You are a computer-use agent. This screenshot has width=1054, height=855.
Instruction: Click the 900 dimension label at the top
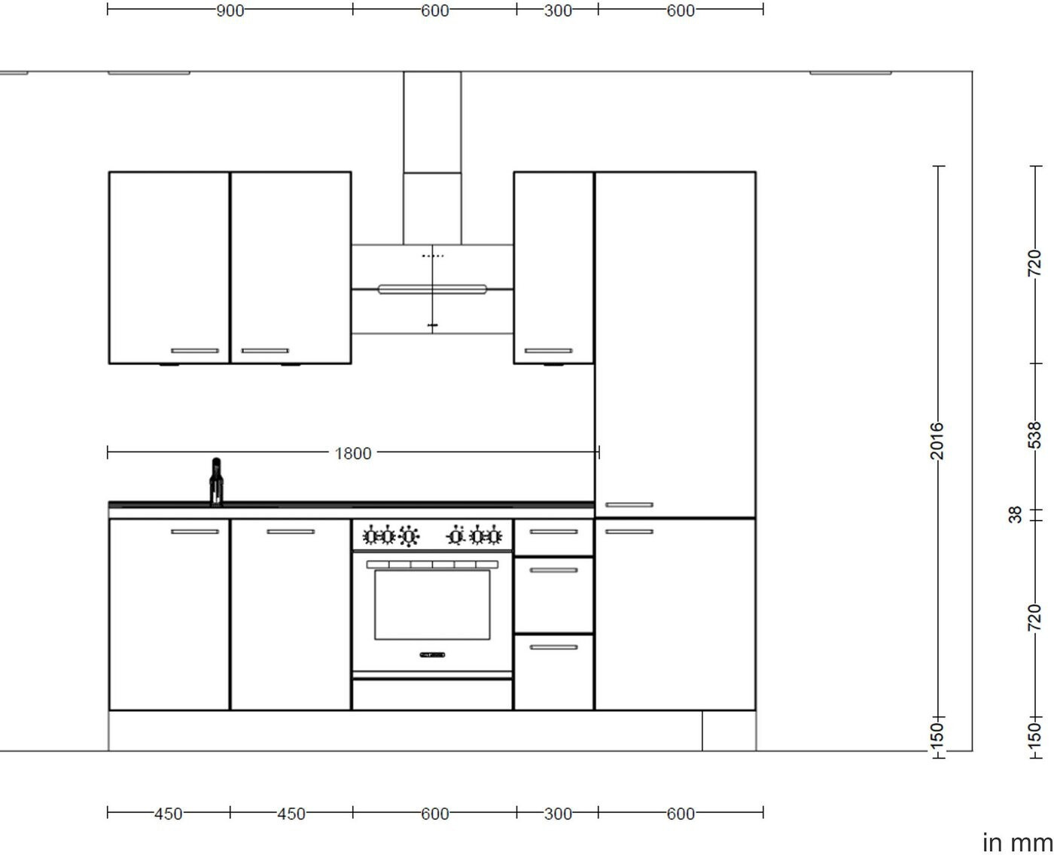[x=230, y=11]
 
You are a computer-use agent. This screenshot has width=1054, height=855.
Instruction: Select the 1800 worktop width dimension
[x=353, y=453]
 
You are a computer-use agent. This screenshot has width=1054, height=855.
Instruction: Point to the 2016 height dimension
[x=937, y=440]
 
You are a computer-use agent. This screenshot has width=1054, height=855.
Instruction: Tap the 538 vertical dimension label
[x=1034, y=435]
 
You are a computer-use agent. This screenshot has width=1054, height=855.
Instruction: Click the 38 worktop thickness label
[x=1015, y=515]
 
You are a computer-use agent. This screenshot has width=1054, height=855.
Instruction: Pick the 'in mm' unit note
[x=1017, y=843]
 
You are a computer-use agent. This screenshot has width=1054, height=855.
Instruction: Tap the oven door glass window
[x=432, y=604]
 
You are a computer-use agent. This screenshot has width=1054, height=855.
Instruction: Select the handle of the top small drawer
[x=553, y=531]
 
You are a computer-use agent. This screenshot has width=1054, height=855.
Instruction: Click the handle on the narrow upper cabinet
[x=548, y=351]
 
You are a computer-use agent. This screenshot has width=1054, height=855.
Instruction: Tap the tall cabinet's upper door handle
[x=629, y=505]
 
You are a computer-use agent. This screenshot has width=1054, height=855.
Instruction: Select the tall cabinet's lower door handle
[x=629, y=531]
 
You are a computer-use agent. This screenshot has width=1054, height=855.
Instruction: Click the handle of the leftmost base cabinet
[x=194, y=531]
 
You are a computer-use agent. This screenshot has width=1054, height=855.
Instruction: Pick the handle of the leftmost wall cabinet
[x=194, y=351]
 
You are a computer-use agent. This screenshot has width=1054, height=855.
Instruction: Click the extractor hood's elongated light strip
[x=432, y=289]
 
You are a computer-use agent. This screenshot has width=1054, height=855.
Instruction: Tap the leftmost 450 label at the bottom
[x=168, y=814]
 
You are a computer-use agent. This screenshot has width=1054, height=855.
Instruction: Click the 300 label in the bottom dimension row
[x=558, y=814]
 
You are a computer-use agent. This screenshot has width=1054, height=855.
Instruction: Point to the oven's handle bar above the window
[x=432, y=564]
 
